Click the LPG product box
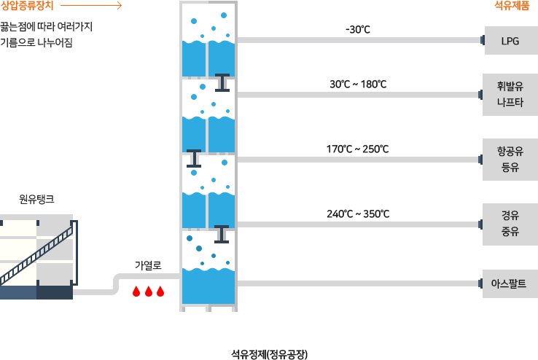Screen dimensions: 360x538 pyautogui.click(x=510, y=40)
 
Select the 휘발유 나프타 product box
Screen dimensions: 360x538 pyautogui.click(x=510, y=95)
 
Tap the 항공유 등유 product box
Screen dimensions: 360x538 pyautogui.click(x=510, y=160)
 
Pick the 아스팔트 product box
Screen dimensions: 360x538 pyautogui.click(x=510, y=282)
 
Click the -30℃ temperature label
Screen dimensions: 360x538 pyautogui.click(x=358, y=30)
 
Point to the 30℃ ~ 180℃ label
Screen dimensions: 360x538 pyautogui.click(x=358, y=85)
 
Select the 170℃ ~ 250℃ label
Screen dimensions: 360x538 pyautogui.click(x=358, y=149)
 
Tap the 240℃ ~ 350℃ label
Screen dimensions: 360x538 pyautogui.click(x=358, y=214)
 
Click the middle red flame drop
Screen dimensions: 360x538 pyautogui.click(x=148, y=291)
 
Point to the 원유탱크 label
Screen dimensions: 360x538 pyautogui.click(x=36, y=198)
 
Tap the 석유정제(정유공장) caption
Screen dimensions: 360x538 pyautogui.click(x=269, y=335)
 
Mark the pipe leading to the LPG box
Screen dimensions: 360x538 pyautogui.click(x=357, y=41)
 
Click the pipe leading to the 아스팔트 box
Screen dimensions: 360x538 pyautogui.click(x=357, y=283)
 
